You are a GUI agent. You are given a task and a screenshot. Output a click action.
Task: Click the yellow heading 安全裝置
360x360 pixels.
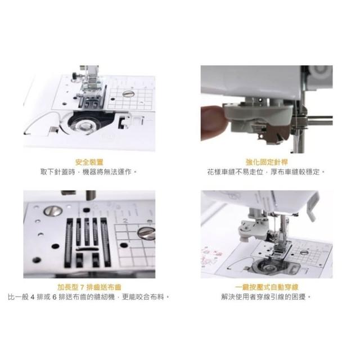click(89, 162)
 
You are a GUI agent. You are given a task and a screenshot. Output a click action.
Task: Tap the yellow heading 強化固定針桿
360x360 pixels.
click(267, 162)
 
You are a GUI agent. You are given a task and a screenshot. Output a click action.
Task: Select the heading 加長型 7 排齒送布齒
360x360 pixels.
click(89, 287)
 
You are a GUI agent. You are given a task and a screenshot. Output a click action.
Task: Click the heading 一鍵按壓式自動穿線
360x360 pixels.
click(267, 287)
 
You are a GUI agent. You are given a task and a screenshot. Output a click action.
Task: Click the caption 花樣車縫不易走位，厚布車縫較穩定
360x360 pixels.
click(266, 172)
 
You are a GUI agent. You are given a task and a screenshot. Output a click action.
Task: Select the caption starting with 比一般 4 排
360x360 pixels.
click(89, 297)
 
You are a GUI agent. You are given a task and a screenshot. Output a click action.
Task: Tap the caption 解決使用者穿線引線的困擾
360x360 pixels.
click(266, 297)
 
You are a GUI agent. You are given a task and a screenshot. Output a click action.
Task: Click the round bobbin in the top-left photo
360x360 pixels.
click(85, 125)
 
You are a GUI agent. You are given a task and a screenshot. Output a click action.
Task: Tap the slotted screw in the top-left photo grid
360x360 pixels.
click(128, 93)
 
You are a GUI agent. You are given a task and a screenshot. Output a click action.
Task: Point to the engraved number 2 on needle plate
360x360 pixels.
click(125, 221)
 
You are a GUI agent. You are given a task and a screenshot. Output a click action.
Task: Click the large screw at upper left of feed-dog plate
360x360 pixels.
click(52, 211)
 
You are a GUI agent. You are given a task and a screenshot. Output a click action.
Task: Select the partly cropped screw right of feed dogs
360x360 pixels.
click(146, 233)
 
